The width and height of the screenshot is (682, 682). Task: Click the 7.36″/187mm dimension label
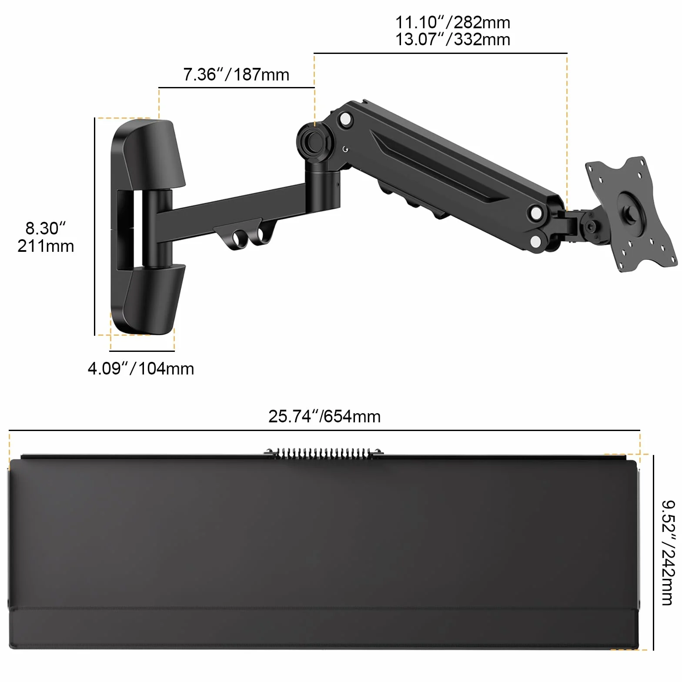(236, 75)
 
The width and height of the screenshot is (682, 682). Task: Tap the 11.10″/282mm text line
(452, 22)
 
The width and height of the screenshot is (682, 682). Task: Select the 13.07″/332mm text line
(452, 40)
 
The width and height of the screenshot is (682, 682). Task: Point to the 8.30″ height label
(45, 228)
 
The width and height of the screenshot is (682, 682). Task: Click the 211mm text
(46, 246)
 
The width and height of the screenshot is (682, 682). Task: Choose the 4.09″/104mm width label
(141, 369)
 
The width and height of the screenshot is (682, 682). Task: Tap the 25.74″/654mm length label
(324, 417)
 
